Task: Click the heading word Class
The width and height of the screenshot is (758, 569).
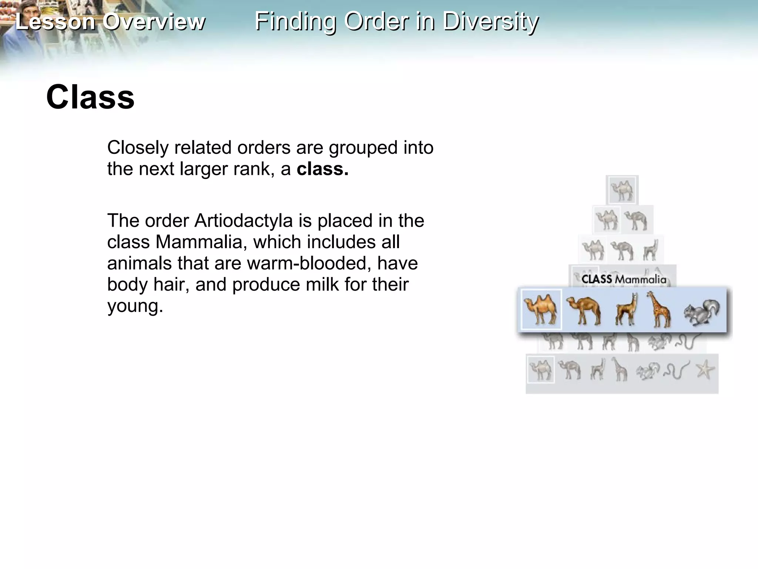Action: point(90,97)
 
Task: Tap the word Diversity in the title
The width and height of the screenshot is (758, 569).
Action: point(490,21)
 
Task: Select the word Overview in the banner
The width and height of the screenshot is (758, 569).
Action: point(154,21)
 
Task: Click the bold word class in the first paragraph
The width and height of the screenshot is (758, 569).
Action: point(322,169)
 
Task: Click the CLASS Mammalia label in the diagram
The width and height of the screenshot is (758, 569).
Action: point(624,279)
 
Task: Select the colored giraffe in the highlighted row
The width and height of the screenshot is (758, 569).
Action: point(659,310)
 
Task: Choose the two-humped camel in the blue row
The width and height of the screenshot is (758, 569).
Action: point(541,309)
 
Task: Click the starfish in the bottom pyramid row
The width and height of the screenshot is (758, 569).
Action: point(705,369)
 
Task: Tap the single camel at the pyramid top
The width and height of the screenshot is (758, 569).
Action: point(622,190)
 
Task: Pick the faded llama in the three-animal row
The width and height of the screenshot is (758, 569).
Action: point(651,250)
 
